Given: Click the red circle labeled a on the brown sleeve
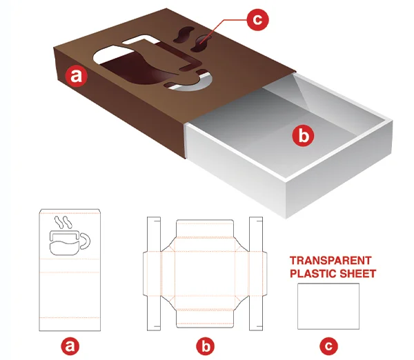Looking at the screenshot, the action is [77, 77].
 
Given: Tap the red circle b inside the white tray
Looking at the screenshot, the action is [304, 136].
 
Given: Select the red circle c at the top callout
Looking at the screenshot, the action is [257, 19].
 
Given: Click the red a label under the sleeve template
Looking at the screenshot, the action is [70, 346].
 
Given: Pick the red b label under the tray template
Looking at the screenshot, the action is [206, 346].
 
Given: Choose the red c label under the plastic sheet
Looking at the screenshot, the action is [328, 346].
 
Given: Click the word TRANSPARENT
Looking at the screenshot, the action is [331, 261].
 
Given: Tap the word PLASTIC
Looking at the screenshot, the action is [313, 274].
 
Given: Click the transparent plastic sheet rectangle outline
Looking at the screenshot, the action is [298, 306].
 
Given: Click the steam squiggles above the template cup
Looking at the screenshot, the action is [63, 222].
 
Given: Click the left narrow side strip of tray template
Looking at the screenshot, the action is [154, 274].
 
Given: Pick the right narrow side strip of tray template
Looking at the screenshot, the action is [256, 274].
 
